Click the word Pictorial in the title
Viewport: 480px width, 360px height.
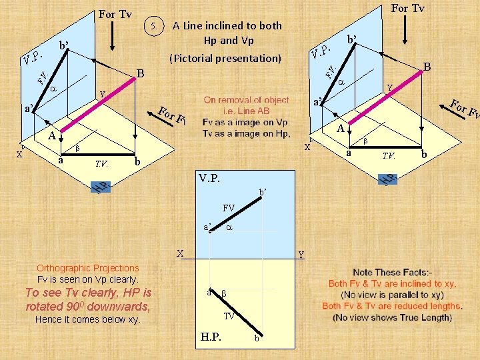click(193, 58)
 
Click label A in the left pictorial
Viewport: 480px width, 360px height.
click(51, 136)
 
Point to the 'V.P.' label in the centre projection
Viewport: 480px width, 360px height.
click(212, 179)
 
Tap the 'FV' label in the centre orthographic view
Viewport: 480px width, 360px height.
click(229, 208)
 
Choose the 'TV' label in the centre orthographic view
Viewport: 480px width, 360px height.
click(229, 316)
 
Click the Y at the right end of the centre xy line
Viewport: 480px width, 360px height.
click(301, 254)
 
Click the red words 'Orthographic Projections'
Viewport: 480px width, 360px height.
click(88, 268)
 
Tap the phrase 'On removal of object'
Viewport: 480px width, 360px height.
click(246, 100)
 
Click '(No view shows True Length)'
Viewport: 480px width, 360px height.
click(393, 317)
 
